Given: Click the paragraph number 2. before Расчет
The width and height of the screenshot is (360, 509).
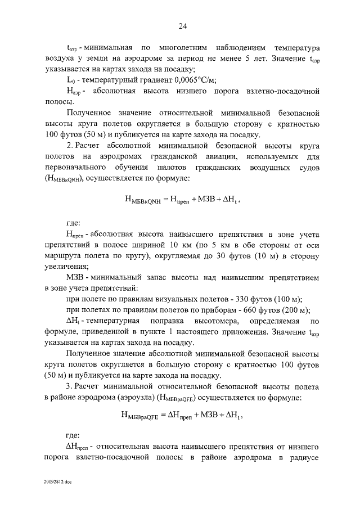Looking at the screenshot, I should click(70, 146).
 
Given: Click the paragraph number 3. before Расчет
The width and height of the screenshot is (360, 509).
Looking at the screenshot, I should click(70, 388).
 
